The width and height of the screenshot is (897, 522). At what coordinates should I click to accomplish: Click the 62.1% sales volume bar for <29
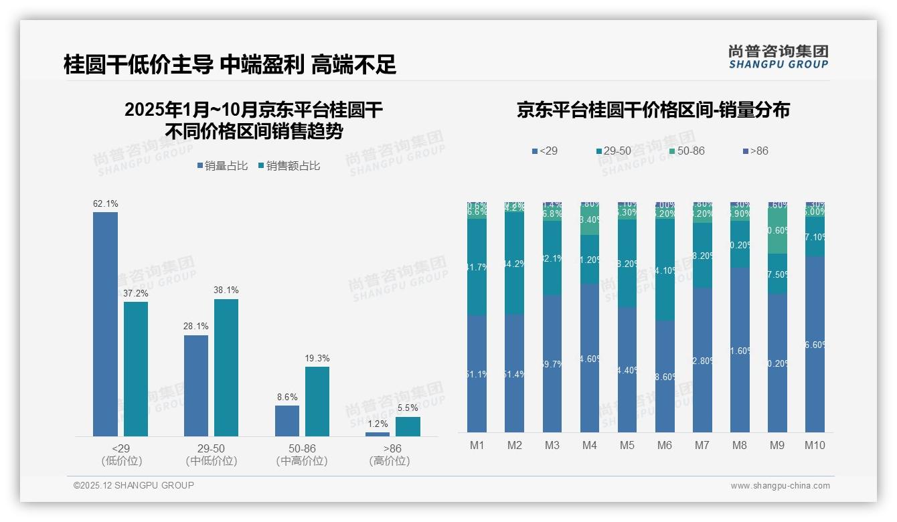(x=105, y=324)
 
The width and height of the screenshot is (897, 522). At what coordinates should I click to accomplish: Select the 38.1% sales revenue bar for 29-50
(x=226, y=367)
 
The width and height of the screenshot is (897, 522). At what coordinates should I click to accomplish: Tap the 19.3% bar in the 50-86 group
(x=317, y=401)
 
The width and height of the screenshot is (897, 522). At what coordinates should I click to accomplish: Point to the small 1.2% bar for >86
(x=378, y=434)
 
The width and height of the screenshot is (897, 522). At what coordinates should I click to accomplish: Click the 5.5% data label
(x=408, y=408)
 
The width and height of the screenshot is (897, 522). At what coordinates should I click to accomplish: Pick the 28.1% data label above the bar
(x=196, y=326)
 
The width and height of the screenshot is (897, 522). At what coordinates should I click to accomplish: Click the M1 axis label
(x=477, y=445)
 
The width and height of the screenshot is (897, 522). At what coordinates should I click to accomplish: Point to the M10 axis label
(x=815, y=445)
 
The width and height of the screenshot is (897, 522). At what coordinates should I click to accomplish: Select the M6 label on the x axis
(x=664, y=445)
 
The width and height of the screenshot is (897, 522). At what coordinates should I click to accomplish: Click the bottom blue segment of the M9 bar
(x=777, y=363)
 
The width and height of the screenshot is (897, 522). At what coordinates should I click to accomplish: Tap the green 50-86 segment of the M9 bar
(x=777, y=231)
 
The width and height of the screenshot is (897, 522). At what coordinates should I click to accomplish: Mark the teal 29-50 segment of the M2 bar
(x=514, y=264)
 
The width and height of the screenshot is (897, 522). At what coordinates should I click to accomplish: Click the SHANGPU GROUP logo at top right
(x=778, y=57)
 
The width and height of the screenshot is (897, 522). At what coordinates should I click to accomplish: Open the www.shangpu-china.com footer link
(x=780, y=486)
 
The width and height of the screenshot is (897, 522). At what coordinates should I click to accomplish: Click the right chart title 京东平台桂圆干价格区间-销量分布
(x=653, y=110)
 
